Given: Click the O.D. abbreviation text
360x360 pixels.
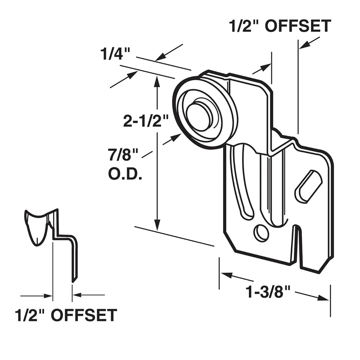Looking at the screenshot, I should point(125,173).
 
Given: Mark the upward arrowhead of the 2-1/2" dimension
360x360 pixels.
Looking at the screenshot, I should point(157,81).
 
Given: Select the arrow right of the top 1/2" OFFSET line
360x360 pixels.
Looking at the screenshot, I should point(306,44).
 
